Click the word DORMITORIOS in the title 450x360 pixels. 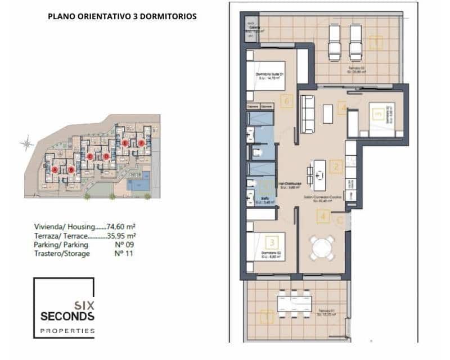(x=168, y=17)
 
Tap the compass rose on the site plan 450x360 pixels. (x=26, y=143)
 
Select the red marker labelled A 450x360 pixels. (x=55, y=169)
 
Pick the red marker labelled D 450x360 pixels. (x=106, y=156)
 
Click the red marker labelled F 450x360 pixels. (x=141, y=143)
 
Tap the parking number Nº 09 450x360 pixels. (x=124, y=245)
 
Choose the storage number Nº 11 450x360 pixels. (x=123, y=253)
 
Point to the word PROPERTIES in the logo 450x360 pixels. (x=67, y=331)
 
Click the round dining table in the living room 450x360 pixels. (x=322, y=247)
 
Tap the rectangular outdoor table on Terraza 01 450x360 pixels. (x=294, y=304)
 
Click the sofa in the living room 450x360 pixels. (x=307, y=114)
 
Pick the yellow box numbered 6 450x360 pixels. (x=287, y=102)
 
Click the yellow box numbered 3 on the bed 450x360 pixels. (x=272, y=243)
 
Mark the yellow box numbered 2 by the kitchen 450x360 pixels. (x=336, y=166)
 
